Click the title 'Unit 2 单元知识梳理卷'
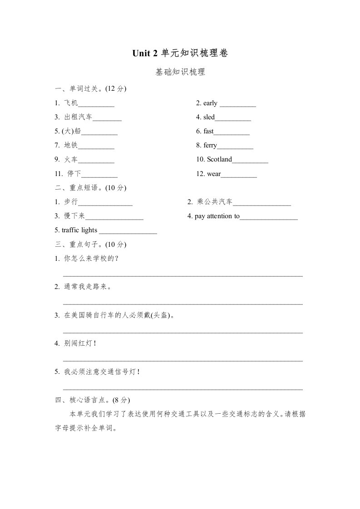pos(180,54)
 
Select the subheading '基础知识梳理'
pos(180,72)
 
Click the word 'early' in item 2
pos(210,103)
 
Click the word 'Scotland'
pos(219,159)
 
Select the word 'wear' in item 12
pos(213,174)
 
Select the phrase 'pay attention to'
pos(217,216)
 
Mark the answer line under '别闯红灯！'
pos(182,361)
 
